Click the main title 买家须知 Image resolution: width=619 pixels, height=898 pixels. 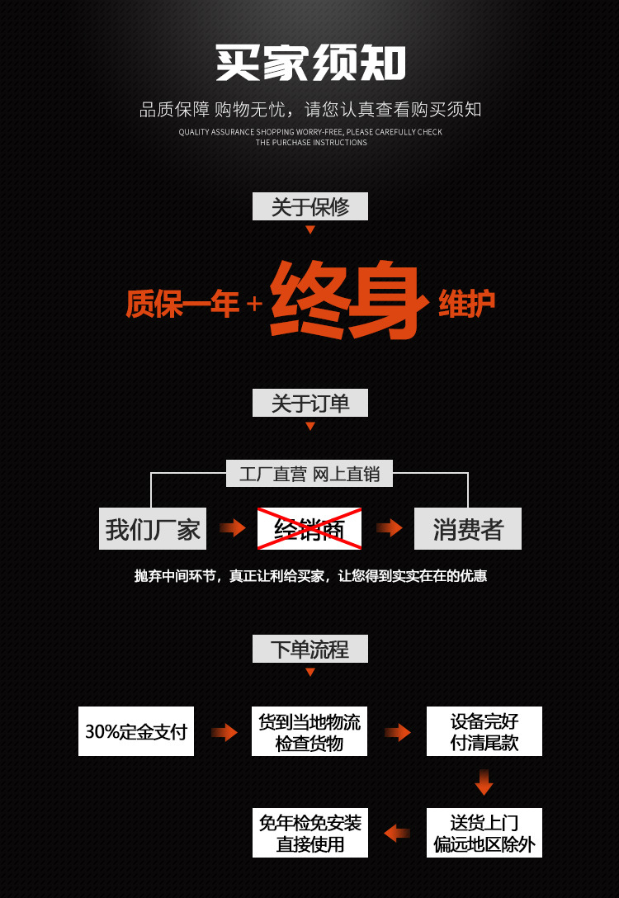pyautogui.click(x=310, y=64)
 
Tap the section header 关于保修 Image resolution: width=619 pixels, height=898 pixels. pyautogui.click(x=309, y=206)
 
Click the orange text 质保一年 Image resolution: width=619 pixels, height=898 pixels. pyautogui.click(x=182, y=304)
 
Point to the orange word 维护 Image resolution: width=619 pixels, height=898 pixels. pyautogui.click(x=467, y=303)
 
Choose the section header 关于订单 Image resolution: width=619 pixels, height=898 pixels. pyautogui.click(x=309, y=403)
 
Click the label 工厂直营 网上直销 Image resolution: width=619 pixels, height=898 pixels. pyautogui.click(x=309, y=474)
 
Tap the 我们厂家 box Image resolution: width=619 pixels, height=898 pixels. pyautogui.click(x=153, y=528)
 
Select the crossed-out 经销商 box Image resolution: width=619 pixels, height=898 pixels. pyautogui.click(x=309, y=528)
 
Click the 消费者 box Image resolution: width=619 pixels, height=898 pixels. pyautogui.click(x=467, y=528)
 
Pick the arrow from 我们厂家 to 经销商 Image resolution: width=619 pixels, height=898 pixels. pyautogui.click(x=233, y=527)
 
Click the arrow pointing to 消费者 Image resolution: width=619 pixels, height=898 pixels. pyautogui.click(x=389, y=527)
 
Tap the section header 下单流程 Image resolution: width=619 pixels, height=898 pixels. pyautogui.click(x=309, y=649)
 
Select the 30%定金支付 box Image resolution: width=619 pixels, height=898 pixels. pyautogui.click(x=136, y=731)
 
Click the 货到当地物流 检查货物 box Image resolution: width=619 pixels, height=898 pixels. pyautogui.click(x=309, y=731)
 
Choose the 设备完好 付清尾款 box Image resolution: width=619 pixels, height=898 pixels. pyautogui.click(x=484, y=731)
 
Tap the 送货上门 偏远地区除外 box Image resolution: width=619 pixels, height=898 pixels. pyautogui.click(x=484, y=833)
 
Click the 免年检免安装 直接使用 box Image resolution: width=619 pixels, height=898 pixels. pyautogui.click(x=309, y=833)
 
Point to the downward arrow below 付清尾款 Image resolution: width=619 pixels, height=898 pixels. pyautogui.click(x=484, y=782)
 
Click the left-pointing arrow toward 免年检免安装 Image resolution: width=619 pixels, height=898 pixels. pyautogui.click(x=397, y=833)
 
